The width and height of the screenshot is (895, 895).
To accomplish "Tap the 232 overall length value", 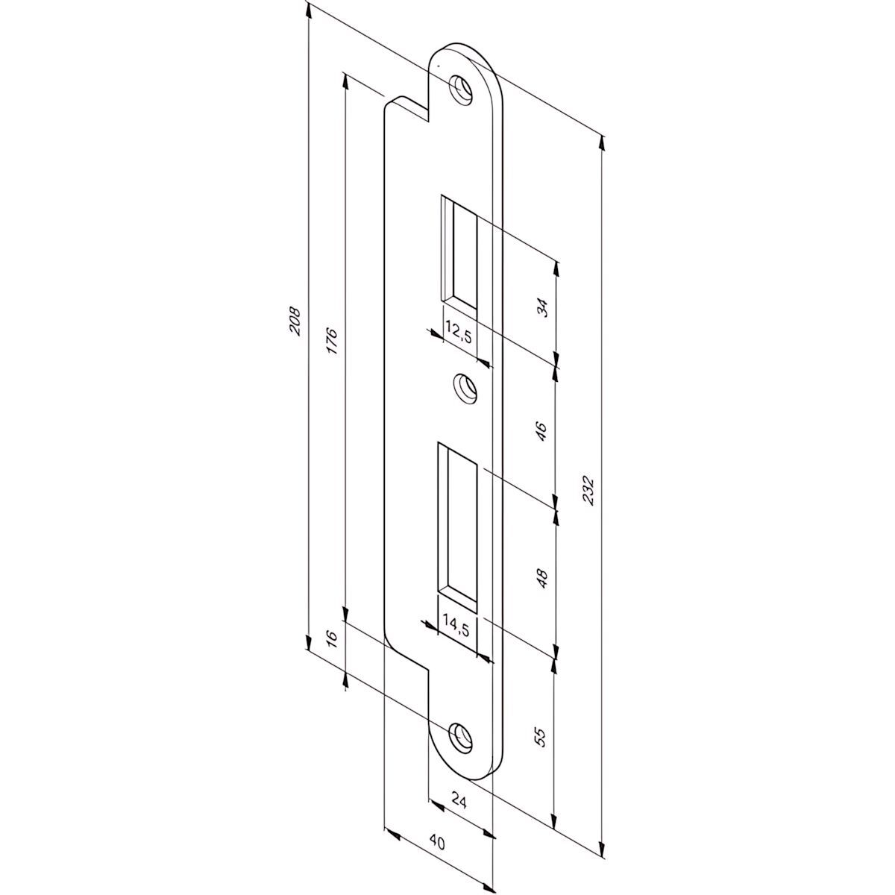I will point(588,490).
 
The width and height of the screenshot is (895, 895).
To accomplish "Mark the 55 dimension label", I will point(542,737).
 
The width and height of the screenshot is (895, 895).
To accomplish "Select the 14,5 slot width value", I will point(455,625).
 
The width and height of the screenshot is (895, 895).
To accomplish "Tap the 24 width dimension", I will point(460,803).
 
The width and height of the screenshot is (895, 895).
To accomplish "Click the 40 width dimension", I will point(438,844).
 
